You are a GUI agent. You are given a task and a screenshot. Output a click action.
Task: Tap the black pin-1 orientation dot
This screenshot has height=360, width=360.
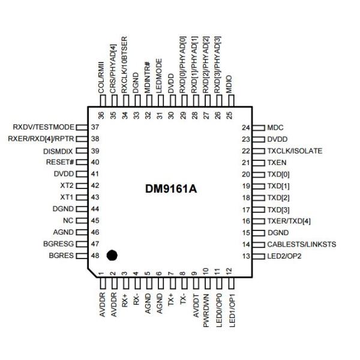coord(111,256)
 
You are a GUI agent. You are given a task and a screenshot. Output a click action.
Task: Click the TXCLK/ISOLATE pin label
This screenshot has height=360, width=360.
coord(296,150)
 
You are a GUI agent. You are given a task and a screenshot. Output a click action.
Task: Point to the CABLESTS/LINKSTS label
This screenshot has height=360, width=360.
coord(302,245)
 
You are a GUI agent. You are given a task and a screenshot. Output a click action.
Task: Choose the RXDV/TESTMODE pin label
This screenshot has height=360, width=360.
coord(43,127)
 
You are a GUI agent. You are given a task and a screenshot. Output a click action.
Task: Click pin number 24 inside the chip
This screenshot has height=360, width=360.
coord(245,127)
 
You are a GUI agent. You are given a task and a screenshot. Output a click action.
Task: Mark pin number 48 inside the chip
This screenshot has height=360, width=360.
coord(95,256)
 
